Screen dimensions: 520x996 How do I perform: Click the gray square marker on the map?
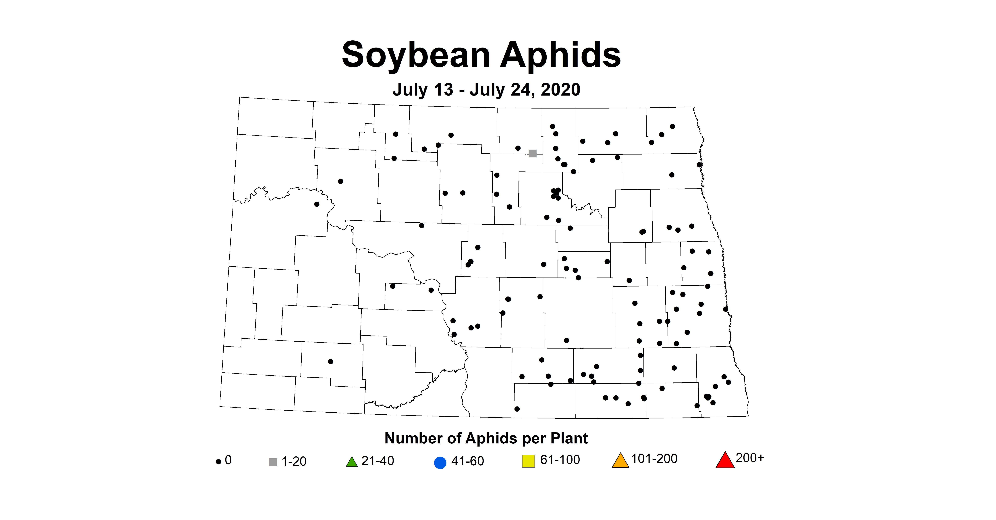click(532, 154)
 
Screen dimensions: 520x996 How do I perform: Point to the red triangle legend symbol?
click(725, 461)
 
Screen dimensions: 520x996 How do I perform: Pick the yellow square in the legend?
click(528, 461)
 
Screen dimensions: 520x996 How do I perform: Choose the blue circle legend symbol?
click(440, 463)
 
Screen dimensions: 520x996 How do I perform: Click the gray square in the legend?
click(273, 462)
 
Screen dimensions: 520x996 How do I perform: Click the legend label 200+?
click(750, 458)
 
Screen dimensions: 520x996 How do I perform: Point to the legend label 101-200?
click(654, 458)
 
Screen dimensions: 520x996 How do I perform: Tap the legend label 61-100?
click(560, 460)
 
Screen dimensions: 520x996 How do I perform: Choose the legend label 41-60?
click(467, 461)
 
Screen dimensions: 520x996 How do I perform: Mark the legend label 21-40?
click(378, 461)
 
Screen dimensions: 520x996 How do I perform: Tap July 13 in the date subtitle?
click(423, 90)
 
